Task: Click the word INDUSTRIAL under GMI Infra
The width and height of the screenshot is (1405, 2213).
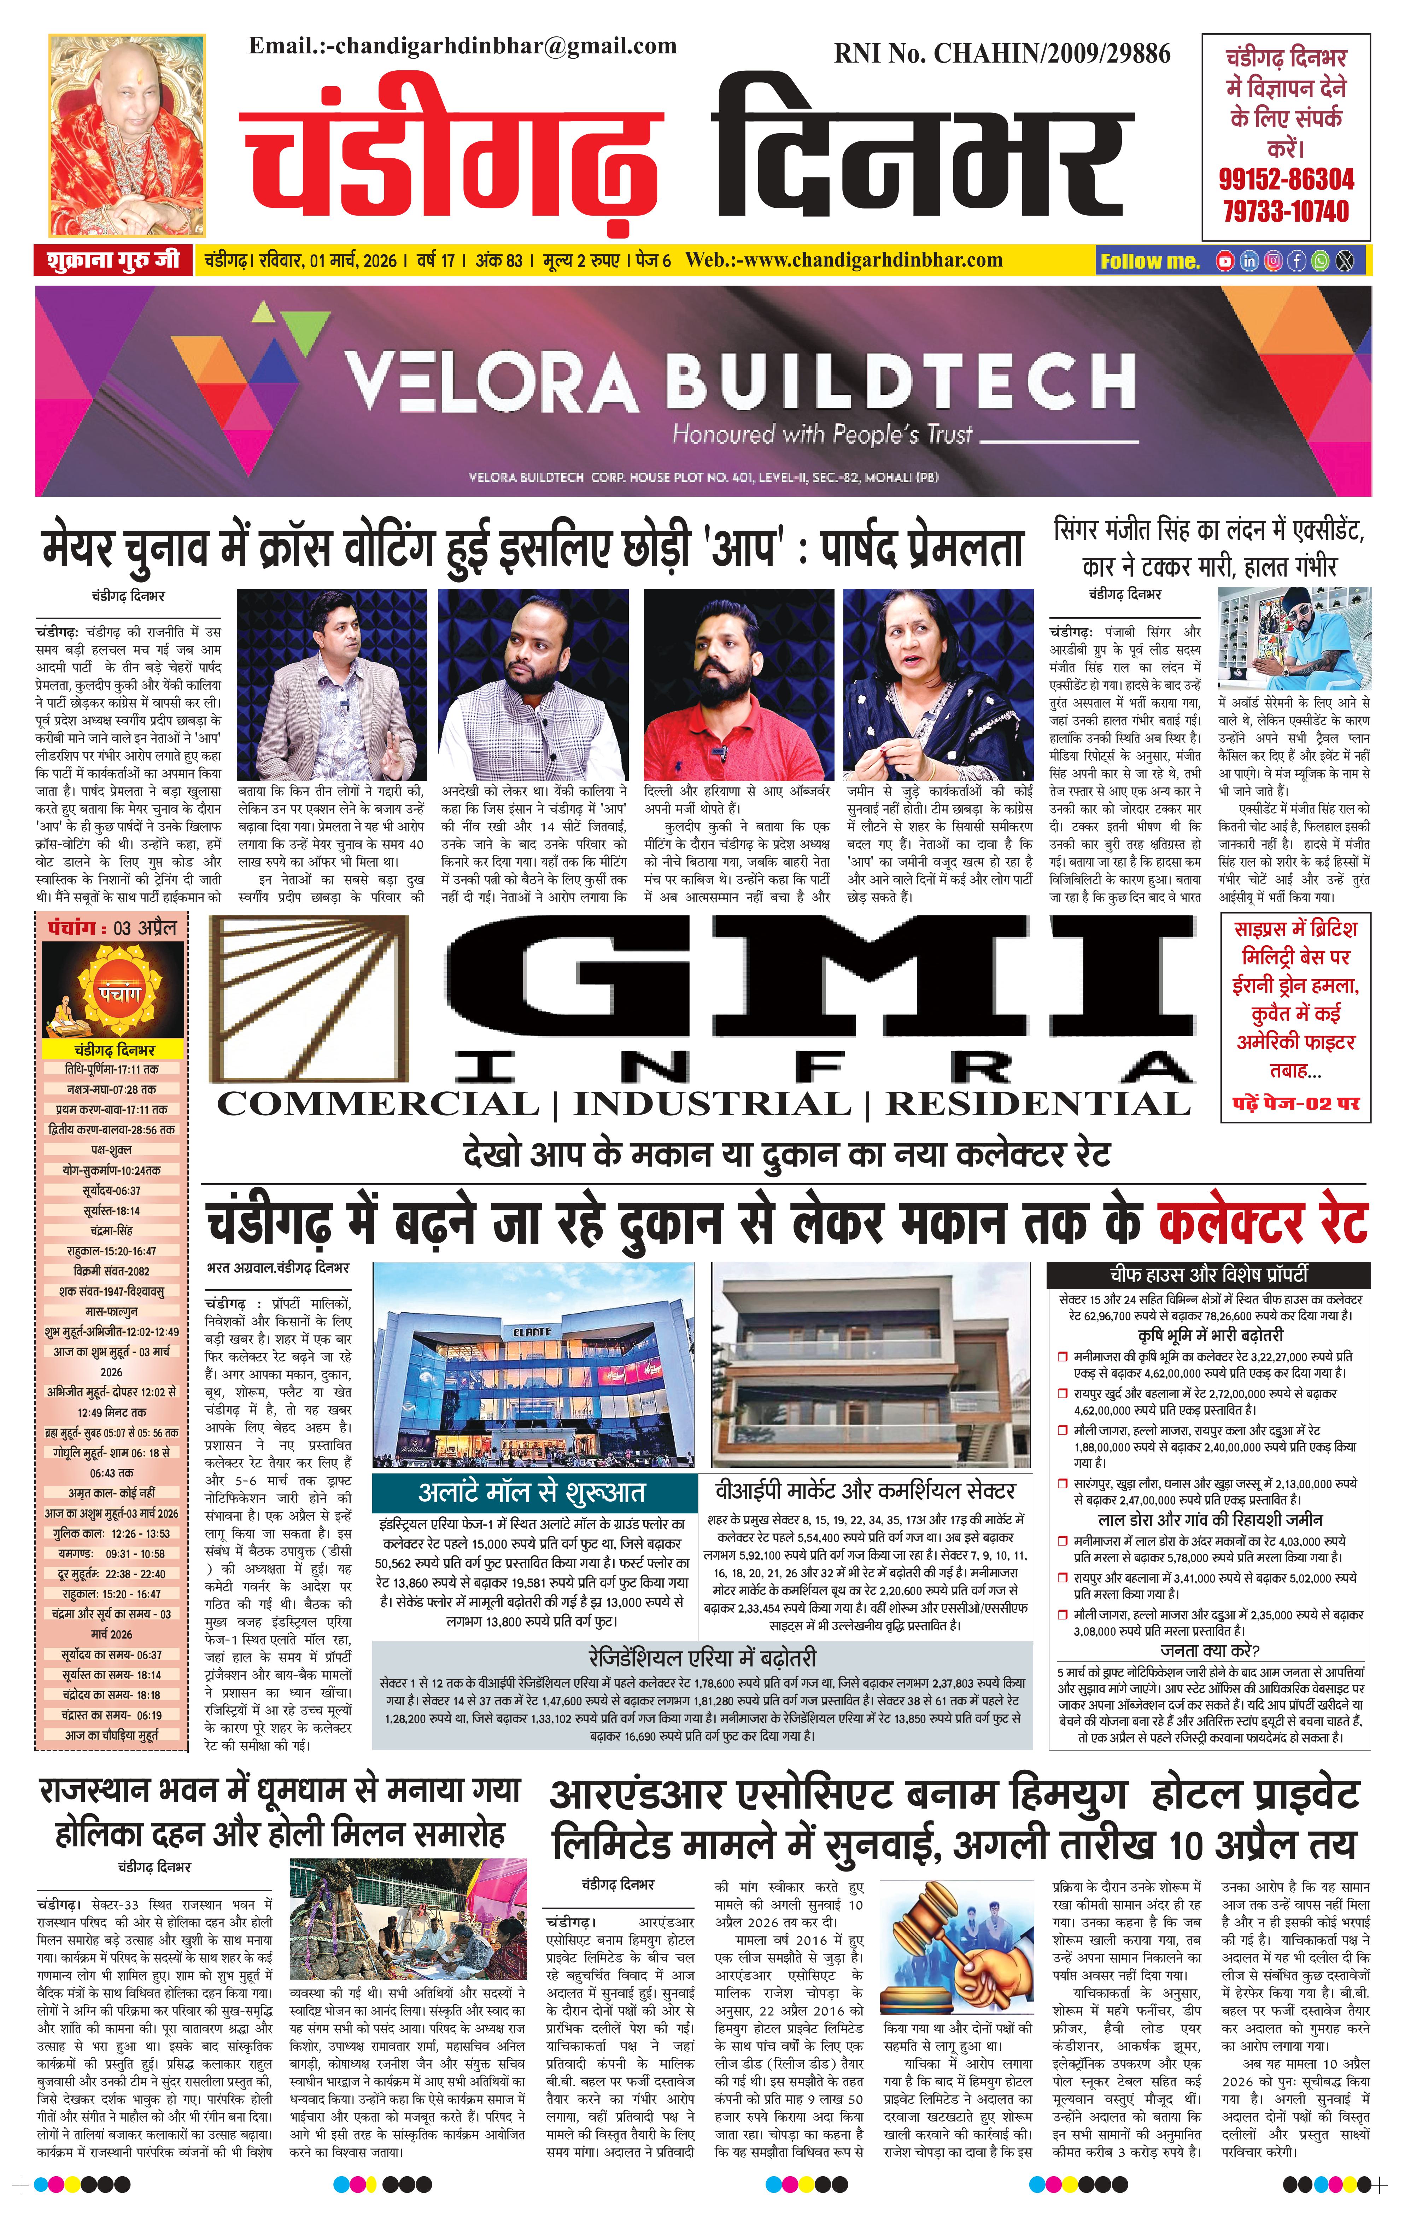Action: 712,1104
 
